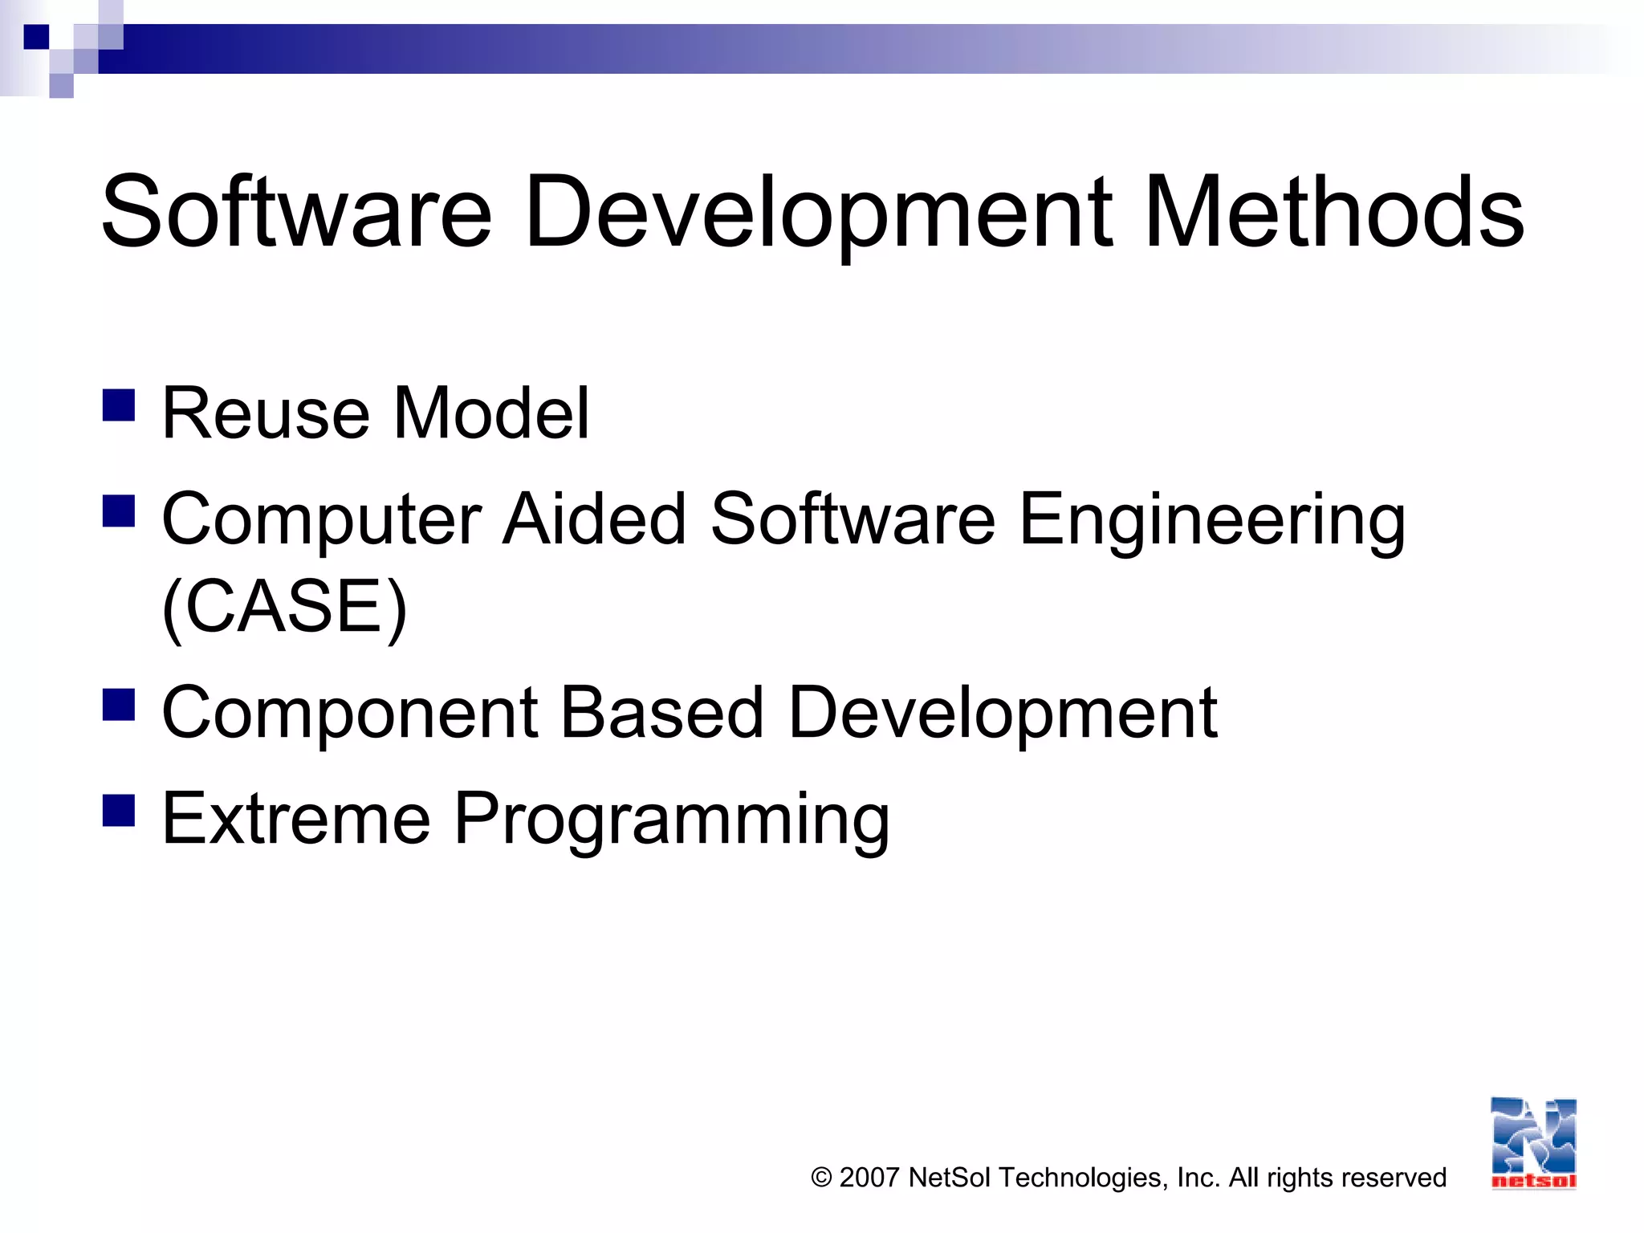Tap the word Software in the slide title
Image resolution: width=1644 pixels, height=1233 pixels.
click(296, 213)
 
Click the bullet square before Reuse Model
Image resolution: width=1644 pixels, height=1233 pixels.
click(119, 405)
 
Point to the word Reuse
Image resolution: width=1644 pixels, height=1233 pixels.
click(266, 414)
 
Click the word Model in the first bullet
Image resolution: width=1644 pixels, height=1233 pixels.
click(491, 414)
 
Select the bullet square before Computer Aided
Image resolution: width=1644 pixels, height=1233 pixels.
click(119, 511)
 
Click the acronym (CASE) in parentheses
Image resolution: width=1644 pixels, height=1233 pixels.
click(284, 607)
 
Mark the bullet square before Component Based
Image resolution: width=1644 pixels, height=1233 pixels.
click(119, 704)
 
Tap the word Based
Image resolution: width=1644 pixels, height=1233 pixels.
click(661, 712)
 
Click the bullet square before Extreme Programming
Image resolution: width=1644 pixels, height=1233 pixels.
click(119, 810)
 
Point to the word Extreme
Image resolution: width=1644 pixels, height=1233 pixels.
click(296, 818)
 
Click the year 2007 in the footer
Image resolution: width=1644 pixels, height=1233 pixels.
click(869, 1178)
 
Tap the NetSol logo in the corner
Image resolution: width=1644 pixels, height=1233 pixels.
click(1533, 1143)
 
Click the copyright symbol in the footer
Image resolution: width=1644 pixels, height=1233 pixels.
click(821, 1178)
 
